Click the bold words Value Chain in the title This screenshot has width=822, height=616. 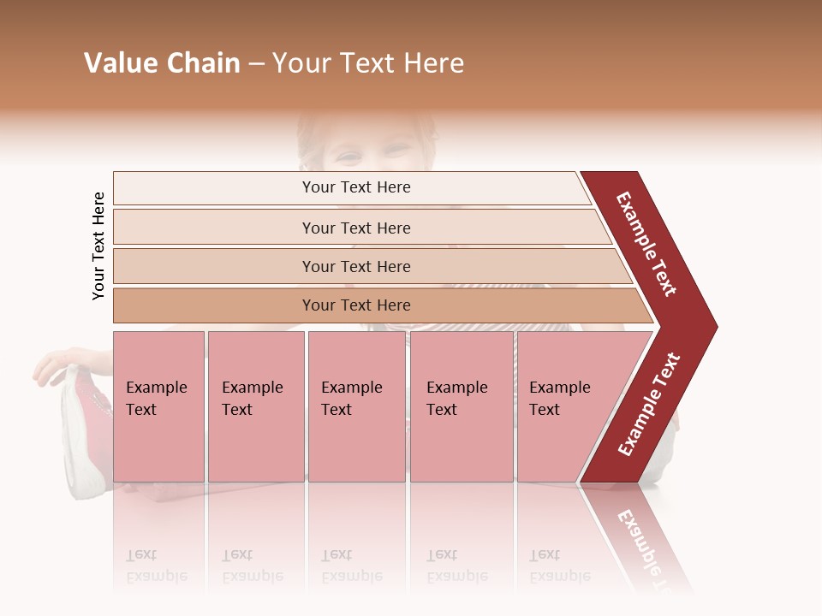(x=162, y=63)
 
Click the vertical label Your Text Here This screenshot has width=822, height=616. (x=98, y=246)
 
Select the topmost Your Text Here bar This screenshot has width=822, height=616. (x=355, y=187)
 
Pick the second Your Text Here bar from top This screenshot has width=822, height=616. (x=355, y=228)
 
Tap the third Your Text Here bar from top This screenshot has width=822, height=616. (x=355, y=266)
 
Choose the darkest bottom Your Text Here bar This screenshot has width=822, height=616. (x=355, y=305)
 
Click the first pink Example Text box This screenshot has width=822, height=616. (x=158, y=406)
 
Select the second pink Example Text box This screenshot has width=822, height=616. (x=255, y=406)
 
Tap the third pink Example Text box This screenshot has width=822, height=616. (x=356, y=406)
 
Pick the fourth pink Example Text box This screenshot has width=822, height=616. (x=462, y=406)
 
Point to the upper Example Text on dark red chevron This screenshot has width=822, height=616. (x=646, y=244)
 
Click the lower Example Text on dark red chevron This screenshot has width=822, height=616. (x=649, y=405)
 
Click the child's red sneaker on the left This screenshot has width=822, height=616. (x=84, y=428)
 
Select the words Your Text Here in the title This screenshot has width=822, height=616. (x=368, y=63)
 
